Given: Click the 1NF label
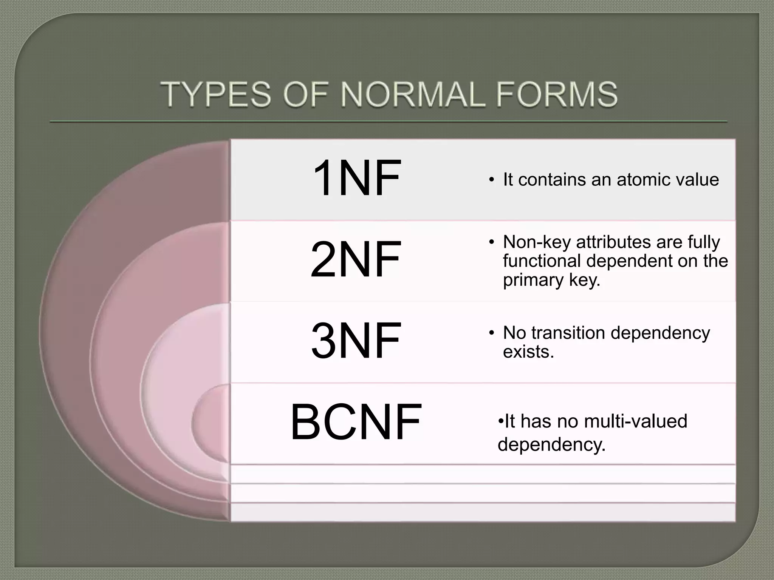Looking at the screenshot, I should click(356, 178).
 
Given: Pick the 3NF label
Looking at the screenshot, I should click(355, 341).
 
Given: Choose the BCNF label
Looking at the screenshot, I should click(356, 422).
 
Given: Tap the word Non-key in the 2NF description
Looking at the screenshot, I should click(537, 242).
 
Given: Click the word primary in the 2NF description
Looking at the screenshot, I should click(528, 280).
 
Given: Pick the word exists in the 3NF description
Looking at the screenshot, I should click(528, 352).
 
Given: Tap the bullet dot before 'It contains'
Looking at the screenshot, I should click(491, 179).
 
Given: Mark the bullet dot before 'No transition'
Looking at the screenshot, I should click(491, 333).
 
